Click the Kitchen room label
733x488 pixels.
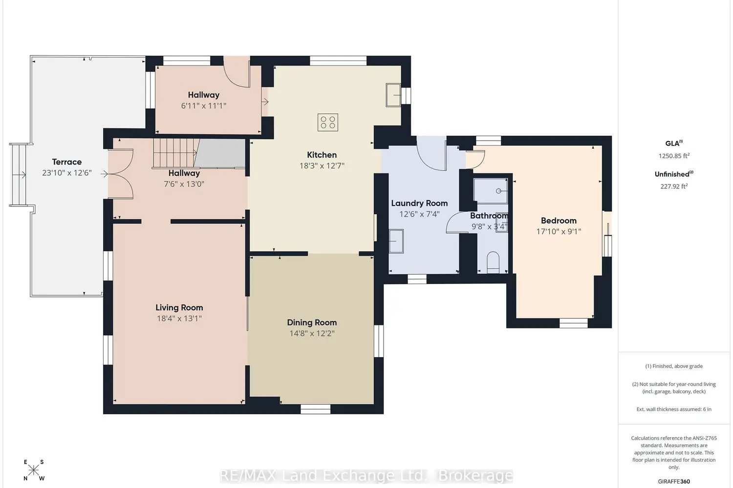click(322, 155)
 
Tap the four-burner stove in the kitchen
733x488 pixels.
click(327, 122)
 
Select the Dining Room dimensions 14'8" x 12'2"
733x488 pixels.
click(312, 333)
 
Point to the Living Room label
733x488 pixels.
click(179, 307)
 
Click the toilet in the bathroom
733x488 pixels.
click(493, 262)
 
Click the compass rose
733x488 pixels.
click(34, 470)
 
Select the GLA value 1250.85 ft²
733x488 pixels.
click(674, 156)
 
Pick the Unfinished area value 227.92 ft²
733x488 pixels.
click(674, 186)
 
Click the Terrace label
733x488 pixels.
click(67, 162)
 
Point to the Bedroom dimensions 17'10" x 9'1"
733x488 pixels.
click(559, 231)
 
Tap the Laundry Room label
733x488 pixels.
click(419, 203)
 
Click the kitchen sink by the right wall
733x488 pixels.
click(393, 95)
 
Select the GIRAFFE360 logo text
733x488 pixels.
click(674, 482)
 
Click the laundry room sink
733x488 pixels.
click(396, 241)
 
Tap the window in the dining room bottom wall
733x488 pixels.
click(316, 409)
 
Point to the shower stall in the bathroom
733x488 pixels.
click(491, 190)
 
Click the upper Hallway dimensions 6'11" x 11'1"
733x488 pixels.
click(204, 106)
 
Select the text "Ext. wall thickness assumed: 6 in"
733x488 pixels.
click(674, 409)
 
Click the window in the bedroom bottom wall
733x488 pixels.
click(573, 323)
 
